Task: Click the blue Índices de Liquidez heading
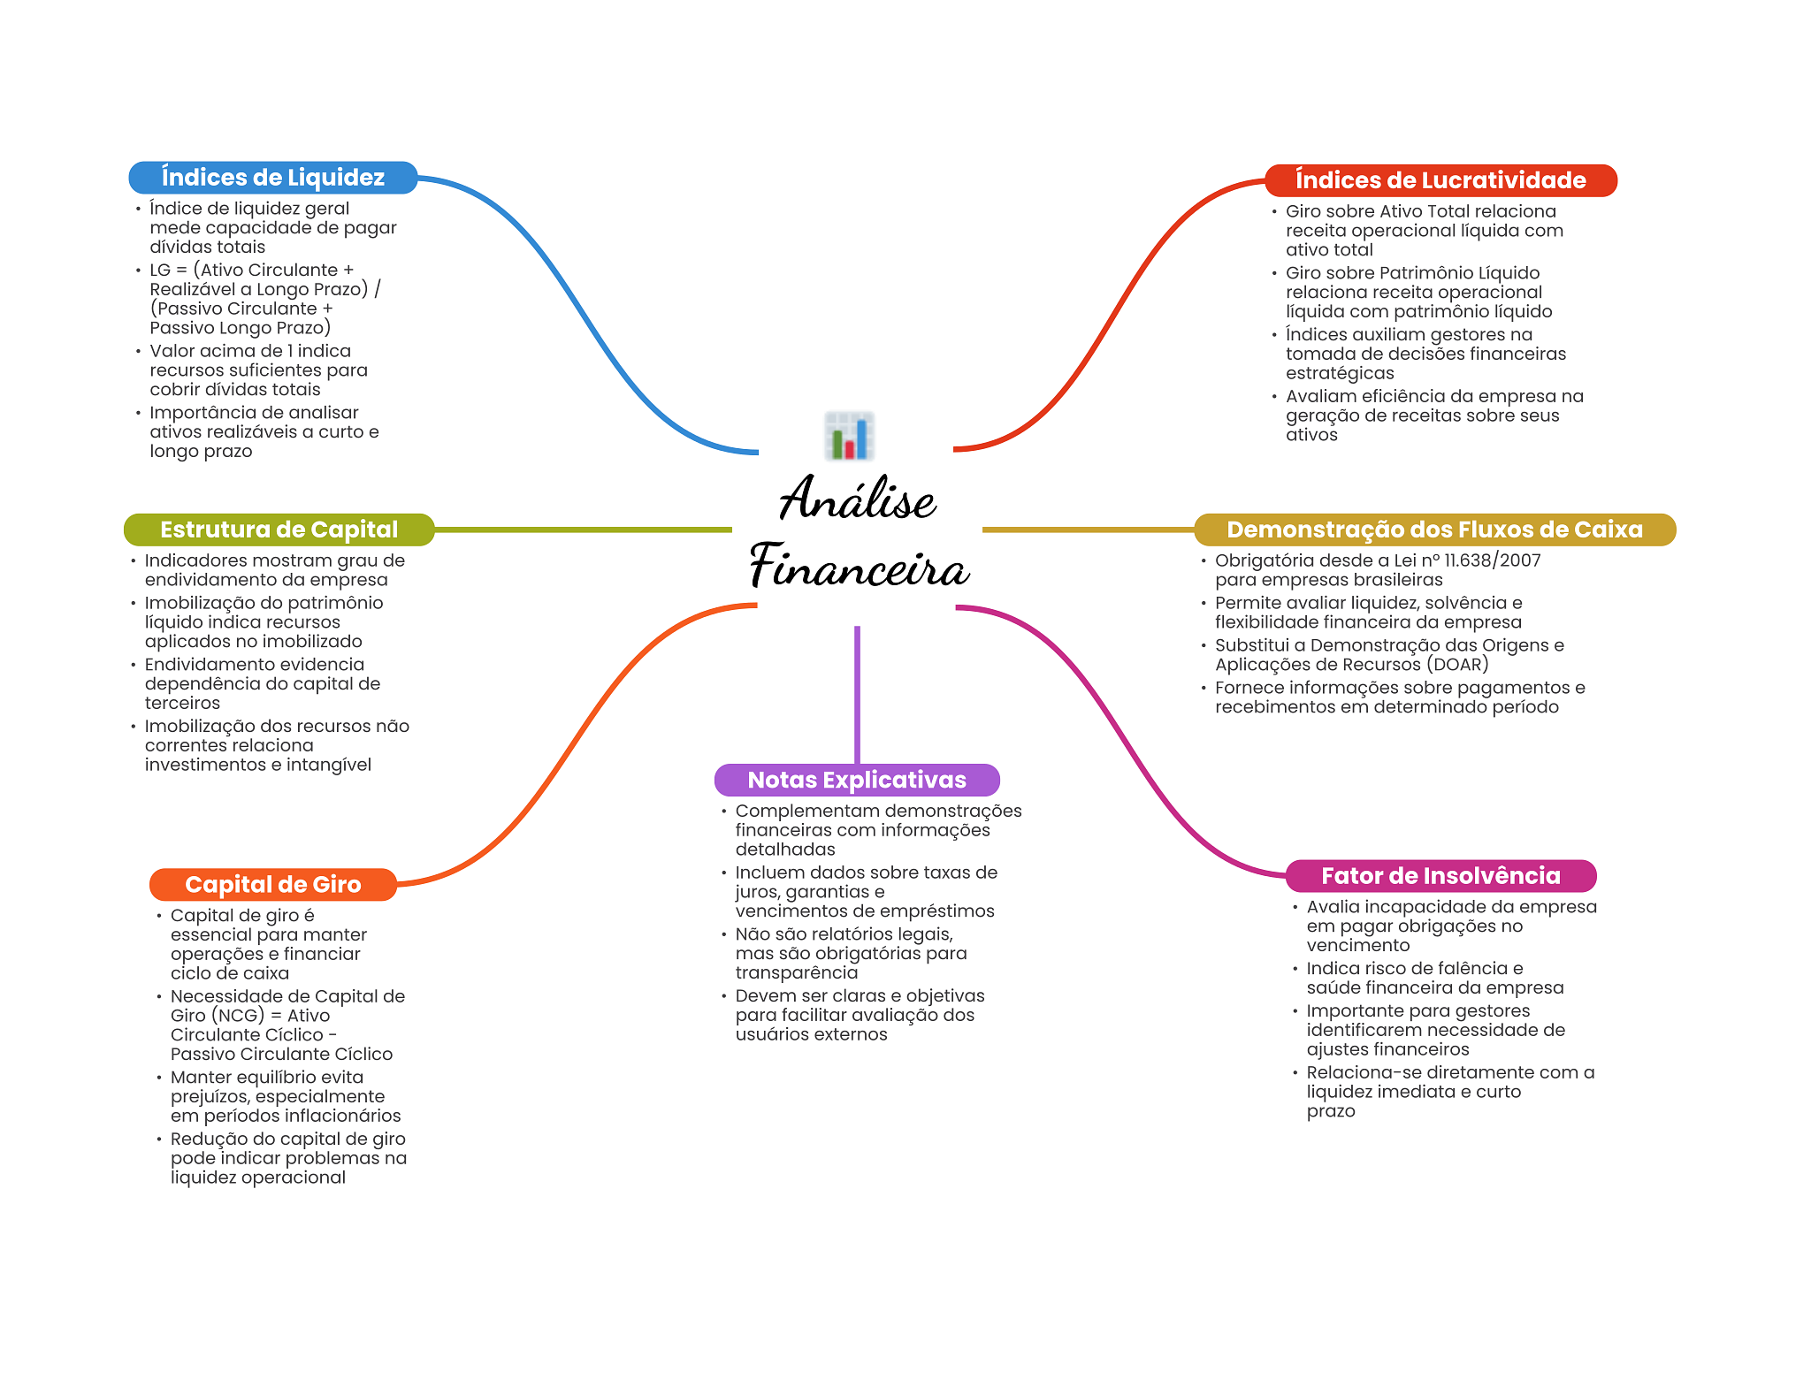click(272, 178)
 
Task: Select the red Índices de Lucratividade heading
click(1440, 180)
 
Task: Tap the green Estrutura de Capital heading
click(279, 530)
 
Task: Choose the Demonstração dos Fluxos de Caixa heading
click(1433, 530)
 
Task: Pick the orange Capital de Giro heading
click(272, 884)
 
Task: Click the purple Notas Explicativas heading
click(856, 780)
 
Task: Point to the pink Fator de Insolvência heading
click(1440, 876)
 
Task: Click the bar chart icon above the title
click(849, 436)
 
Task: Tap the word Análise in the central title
click(857, 499)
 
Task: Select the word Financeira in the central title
click(859, 567)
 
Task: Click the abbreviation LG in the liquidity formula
click(160, 271)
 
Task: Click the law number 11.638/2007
click(1492, 560)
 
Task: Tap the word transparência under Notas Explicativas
click(796, 972)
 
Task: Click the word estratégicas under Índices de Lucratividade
click(1339, 373)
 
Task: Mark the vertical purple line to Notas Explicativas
click(857, 694)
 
